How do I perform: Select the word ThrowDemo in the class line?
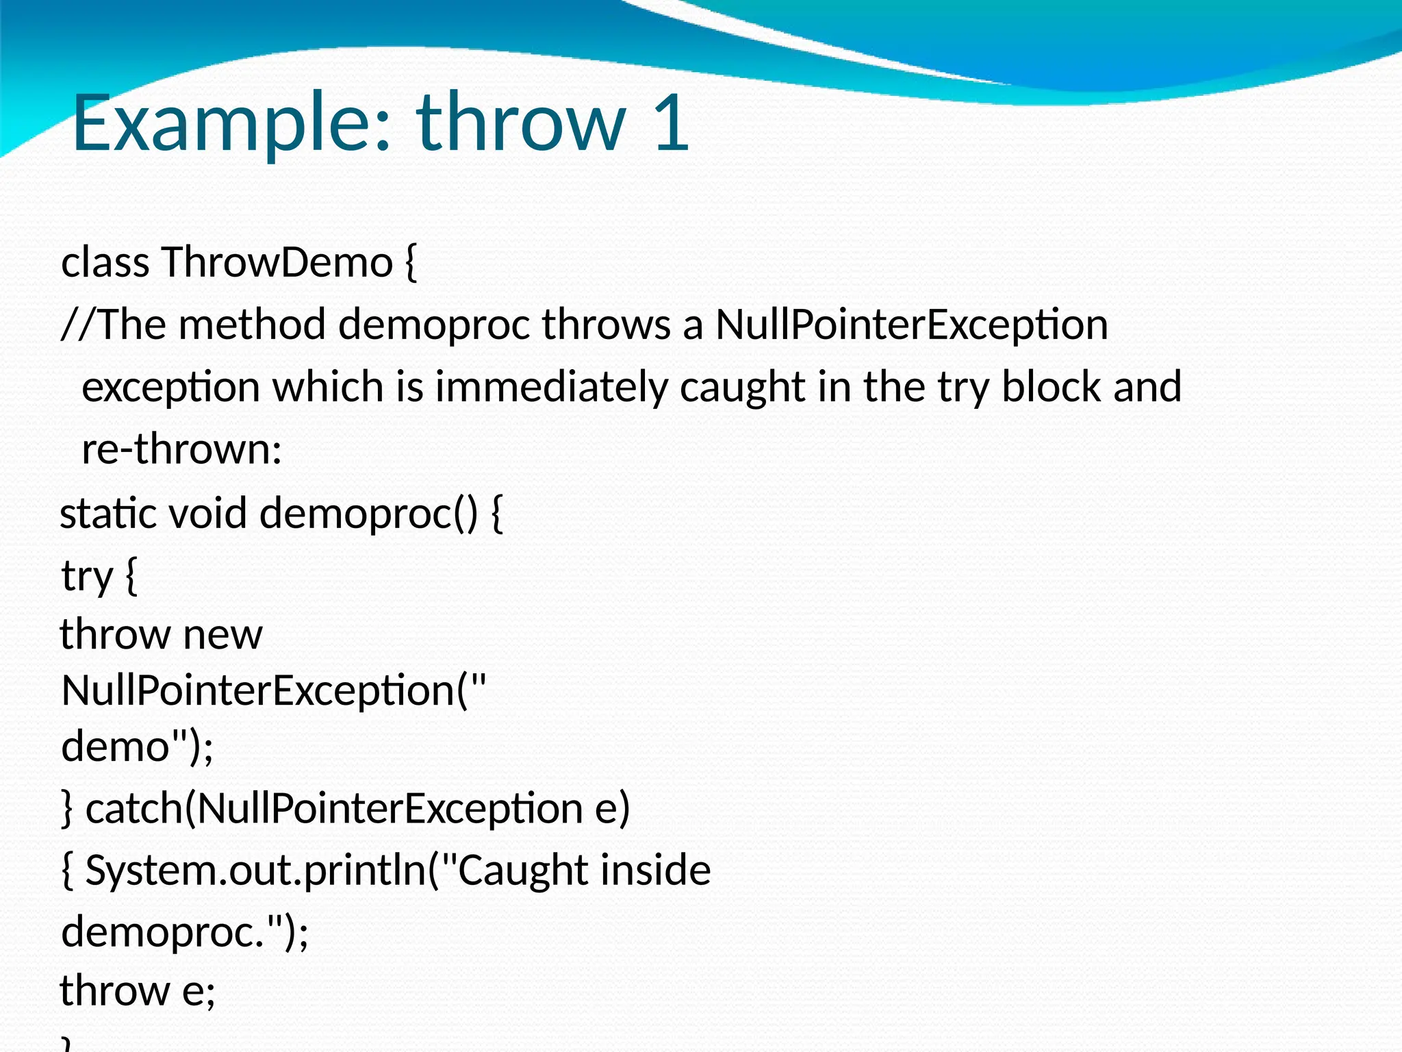click(277, 262)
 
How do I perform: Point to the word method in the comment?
click(251, 325)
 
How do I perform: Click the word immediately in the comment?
click(551, 387)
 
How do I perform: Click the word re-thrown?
click(181, 450)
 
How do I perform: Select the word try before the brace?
click(86, 577)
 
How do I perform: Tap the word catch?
click(134, 809)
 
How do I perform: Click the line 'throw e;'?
click(138, 991)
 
